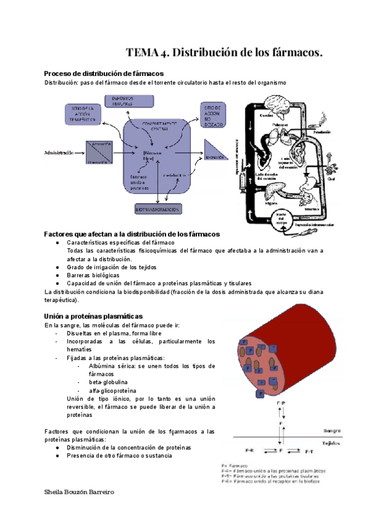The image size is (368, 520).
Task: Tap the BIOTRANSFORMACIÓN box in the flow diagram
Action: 158,210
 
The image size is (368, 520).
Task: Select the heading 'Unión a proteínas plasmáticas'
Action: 89,315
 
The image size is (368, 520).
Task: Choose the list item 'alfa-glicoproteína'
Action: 112,391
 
